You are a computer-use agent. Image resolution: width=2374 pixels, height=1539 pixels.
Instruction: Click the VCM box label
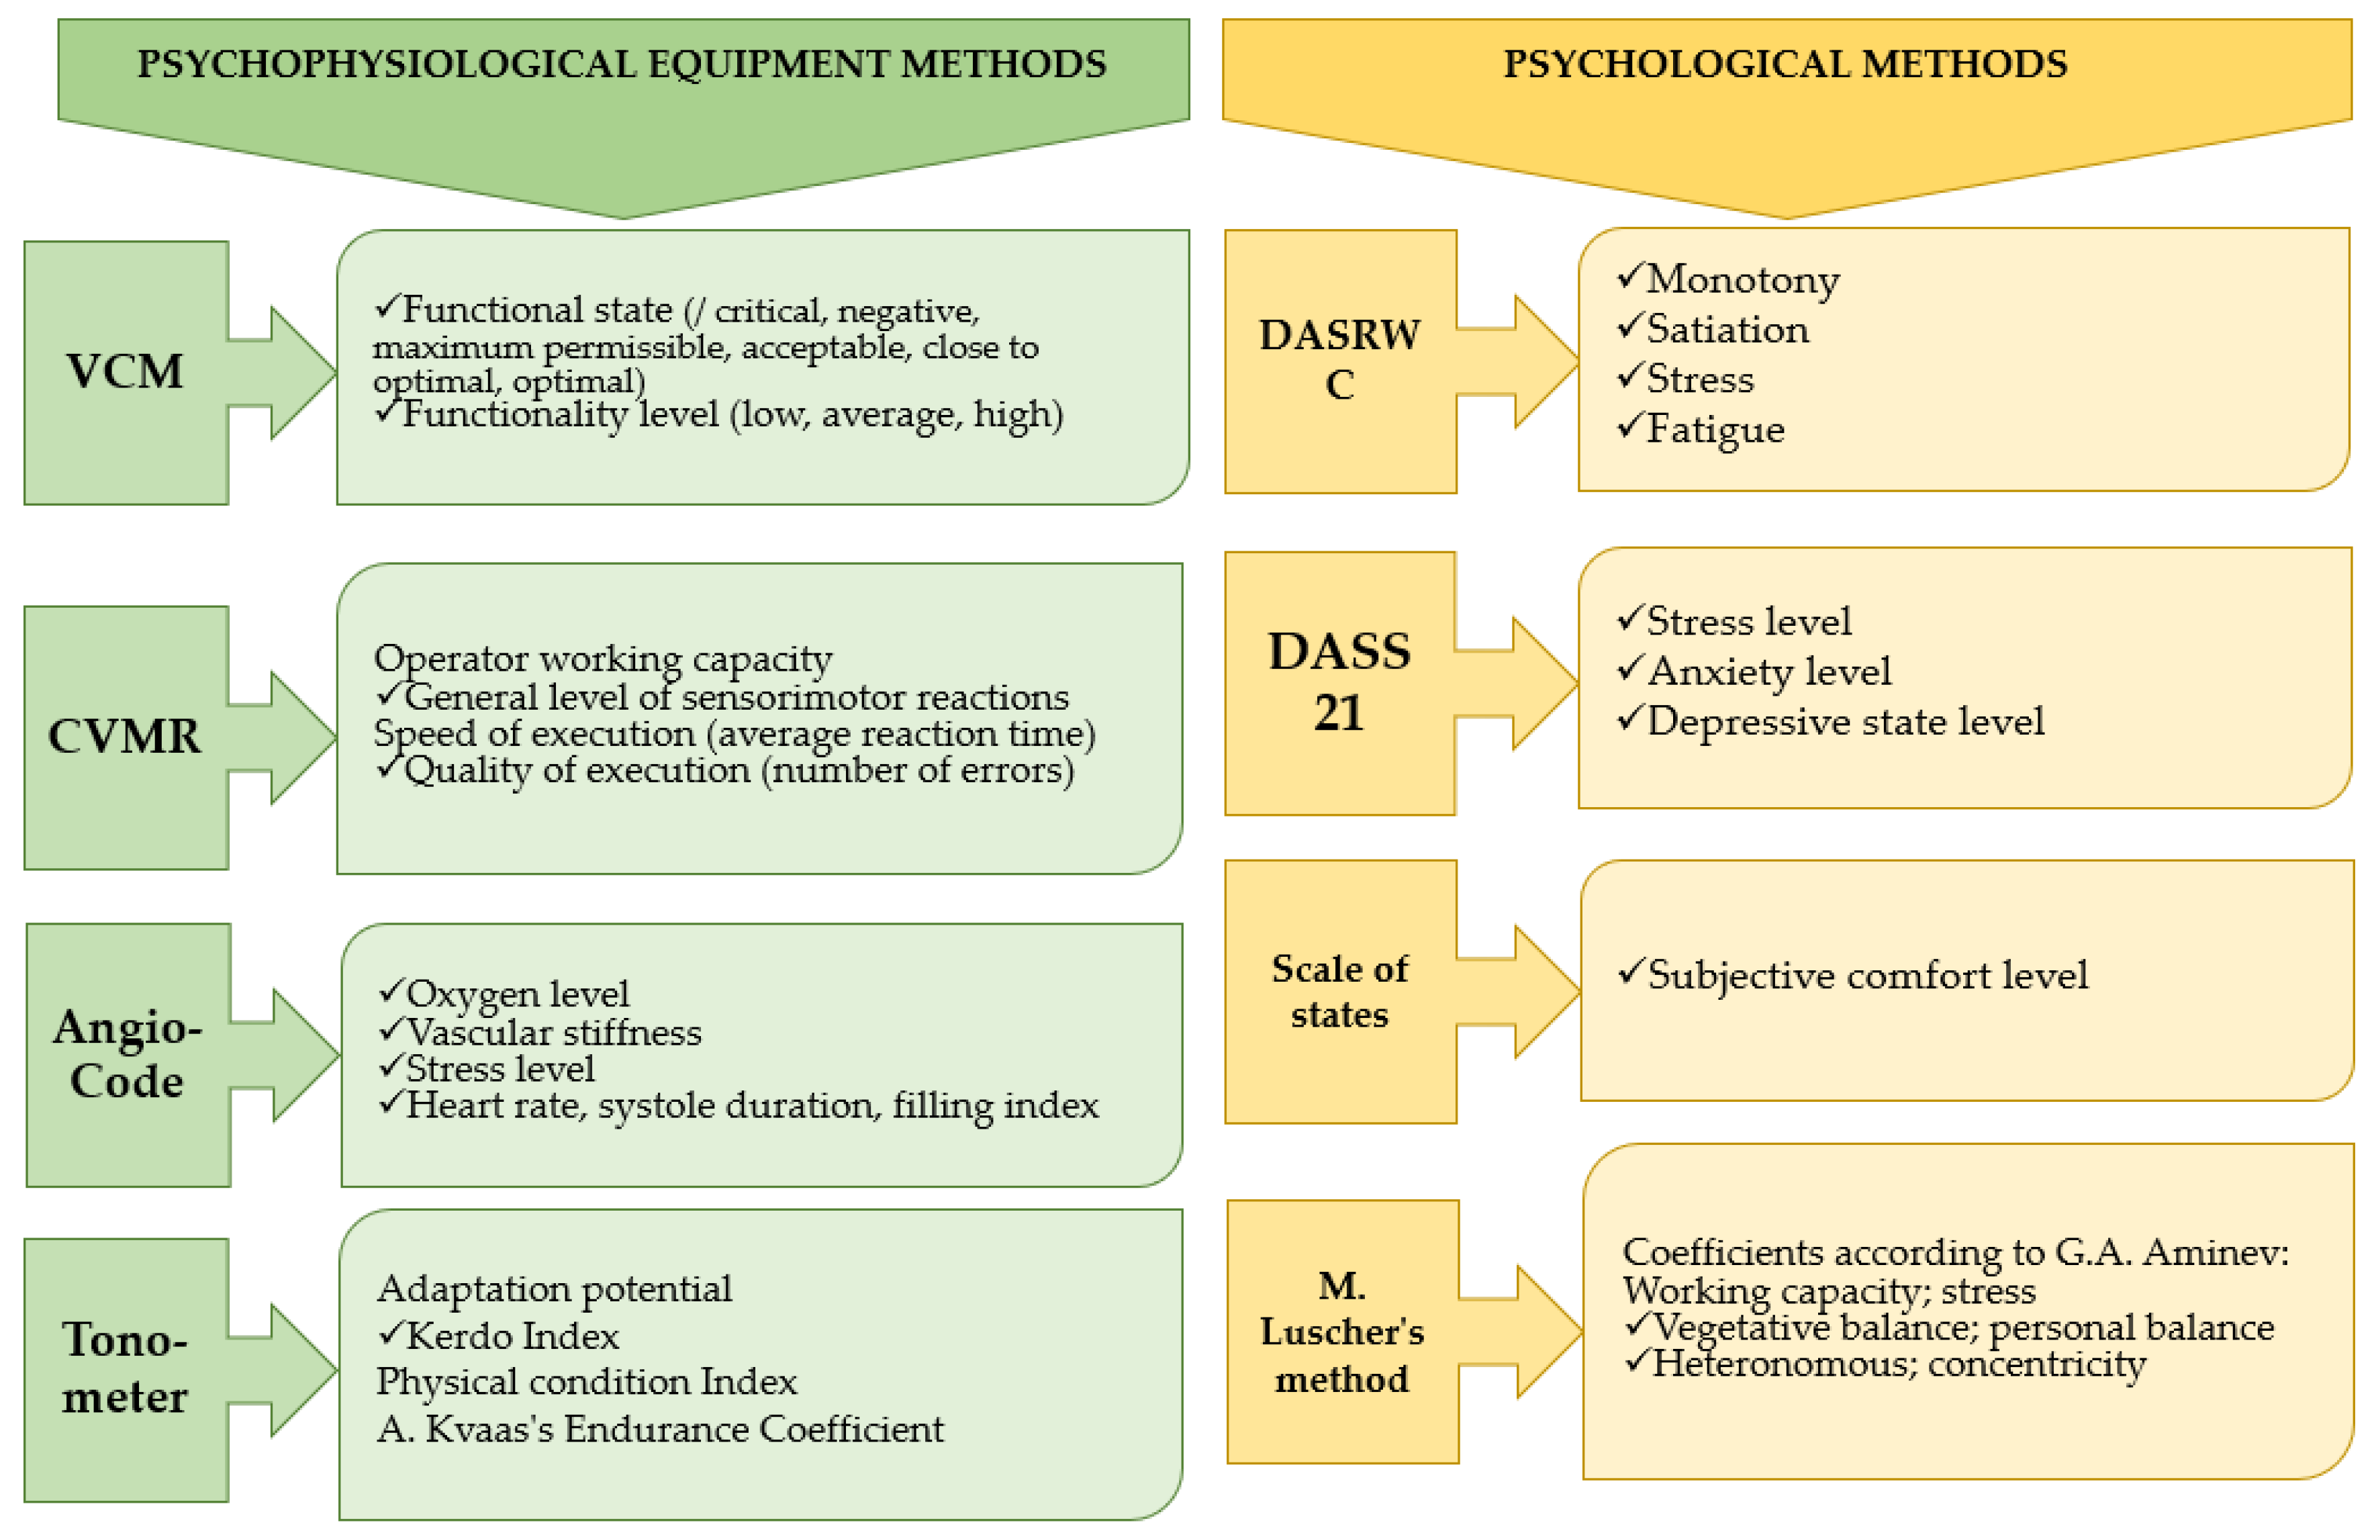125,371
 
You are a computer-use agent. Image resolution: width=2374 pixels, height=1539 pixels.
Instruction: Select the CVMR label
125,736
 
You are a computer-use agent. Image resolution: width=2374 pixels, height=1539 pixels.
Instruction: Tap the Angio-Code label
128,1054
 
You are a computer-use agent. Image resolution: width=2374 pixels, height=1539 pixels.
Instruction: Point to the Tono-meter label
125,1368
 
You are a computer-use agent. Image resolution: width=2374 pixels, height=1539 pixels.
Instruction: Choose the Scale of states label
1339,992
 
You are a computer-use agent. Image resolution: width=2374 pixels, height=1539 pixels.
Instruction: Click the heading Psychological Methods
1785,64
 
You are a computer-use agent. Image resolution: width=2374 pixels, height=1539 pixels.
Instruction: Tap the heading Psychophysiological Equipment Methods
622,64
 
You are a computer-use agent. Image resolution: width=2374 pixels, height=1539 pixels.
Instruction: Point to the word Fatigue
1715,430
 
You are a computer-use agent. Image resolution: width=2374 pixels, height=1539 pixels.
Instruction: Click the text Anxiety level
1768,671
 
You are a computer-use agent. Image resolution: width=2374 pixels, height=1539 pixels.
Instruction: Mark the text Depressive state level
1844,721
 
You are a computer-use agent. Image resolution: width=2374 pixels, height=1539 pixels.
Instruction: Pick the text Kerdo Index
513,1336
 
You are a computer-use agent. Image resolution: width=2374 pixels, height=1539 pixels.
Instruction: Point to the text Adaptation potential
554,1289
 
